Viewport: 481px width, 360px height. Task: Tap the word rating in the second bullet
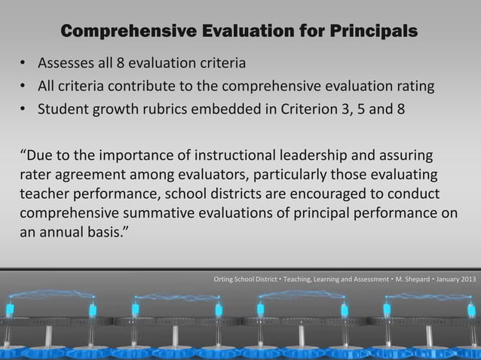pos(415,85)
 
